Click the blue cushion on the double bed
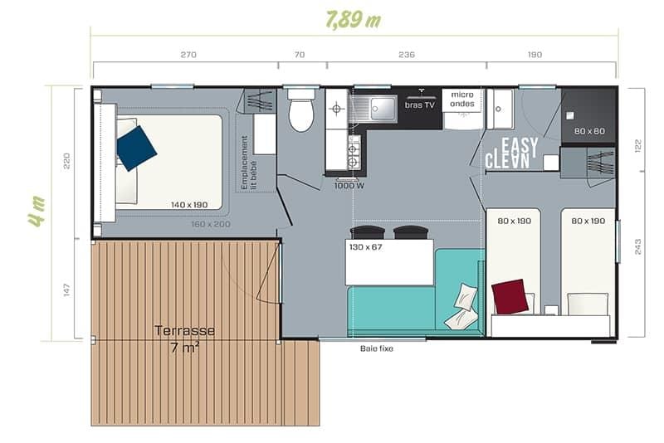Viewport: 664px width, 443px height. click(136, 148)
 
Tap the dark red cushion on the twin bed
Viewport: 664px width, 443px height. click(510, 297)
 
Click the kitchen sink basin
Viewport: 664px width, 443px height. click(383, 108)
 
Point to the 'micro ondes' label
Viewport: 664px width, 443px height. click(462, 99)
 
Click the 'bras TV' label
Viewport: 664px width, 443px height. click(420, 105)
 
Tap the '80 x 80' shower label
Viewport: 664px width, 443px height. click(589, 131)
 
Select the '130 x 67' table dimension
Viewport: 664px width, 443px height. click(365, 247)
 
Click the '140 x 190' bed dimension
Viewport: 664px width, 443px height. click(189, 205)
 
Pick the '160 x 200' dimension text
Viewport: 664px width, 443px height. click(211, 224)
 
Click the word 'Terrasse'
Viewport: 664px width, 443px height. click(184, 330)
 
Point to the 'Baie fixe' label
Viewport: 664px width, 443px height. click(377, 348)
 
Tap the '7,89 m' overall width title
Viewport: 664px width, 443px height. click(354, 19)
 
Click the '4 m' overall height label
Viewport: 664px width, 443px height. click(37, 212)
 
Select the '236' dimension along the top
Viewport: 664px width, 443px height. click(407, 55)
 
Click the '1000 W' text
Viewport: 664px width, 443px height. click(349, 186)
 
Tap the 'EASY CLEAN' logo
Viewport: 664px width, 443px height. click(511, 153)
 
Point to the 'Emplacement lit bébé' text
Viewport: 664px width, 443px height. click(248, 163)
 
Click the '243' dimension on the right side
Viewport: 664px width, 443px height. click(637, 246)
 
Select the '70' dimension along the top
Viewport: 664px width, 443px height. click(300, 55)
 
